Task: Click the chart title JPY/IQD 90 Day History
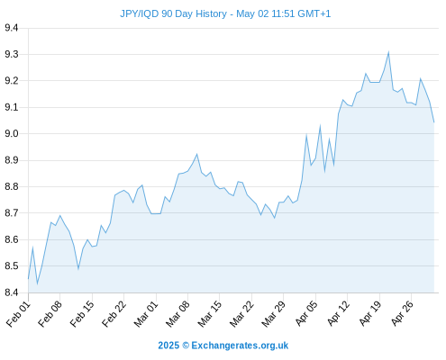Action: click(x=173, y=13)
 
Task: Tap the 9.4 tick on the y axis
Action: click(x=12, y=28)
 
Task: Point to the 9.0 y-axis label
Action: click(x=12, y=133)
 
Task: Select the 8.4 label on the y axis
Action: click(x=12, y=292)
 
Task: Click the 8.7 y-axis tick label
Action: click(x=12, y=213)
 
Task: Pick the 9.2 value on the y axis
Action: click(x=12, y=81)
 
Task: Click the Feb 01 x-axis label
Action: click(x=19, y=314)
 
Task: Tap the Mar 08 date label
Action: click(x=178, y=314)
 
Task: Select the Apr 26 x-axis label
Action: click(x=403, y=313)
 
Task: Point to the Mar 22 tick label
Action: click(x=242, y=314)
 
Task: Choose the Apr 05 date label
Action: click(x=306, y=313)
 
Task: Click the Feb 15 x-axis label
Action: click(x=82, y=314)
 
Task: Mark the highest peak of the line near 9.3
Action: click(x=388, y=52)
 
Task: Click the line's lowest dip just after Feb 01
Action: click(x=37, y=283)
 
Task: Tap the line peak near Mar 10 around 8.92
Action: click(x=197, y=154)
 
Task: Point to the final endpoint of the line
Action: click(x=434, y=122)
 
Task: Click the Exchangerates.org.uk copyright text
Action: click(x=240, y=346)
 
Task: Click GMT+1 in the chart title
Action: click(x=314, y=13)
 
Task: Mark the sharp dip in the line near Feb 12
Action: click(x=78, y=268)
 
